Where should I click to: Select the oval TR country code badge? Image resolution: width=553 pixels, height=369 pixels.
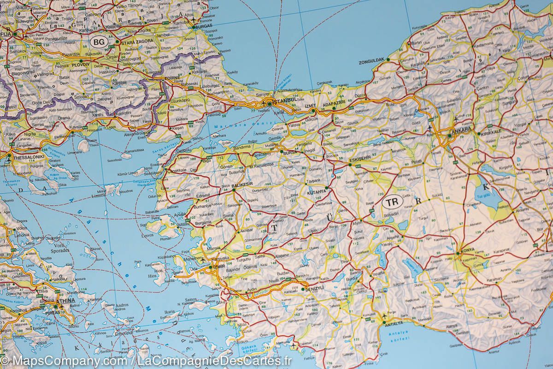coord(393,202)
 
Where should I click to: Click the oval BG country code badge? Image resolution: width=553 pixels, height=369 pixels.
coord(99,42)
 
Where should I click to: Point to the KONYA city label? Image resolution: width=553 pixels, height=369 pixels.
coord(466,252)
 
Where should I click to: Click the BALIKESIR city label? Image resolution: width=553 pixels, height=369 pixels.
coord(243,184)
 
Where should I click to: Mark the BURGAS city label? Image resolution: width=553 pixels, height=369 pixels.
coord(203,26)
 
